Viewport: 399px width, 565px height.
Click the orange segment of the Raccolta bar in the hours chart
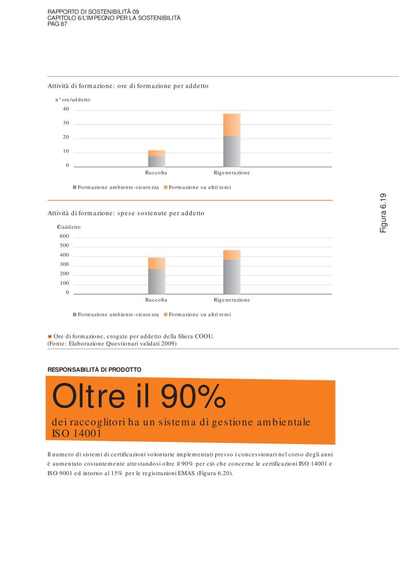click(157, 153)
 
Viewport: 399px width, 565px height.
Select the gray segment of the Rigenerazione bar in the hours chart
click(232, 151)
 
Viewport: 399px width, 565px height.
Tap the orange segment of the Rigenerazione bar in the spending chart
click(232, 255)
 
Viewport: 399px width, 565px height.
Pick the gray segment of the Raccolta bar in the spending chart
click(157, 281)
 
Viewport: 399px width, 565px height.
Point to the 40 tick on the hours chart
click(66, 109)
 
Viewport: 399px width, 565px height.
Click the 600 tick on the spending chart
click(64, 236)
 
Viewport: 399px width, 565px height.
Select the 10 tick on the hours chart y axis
click(66, 151)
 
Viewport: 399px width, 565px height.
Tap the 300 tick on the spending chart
click(64, 264)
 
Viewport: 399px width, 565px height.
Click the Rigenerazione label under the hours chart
click(232, 172)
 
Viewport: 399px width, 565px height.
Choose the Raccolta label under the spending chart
click(156, 299)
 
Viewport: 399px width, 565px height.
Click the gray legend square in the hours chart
click(75, 187)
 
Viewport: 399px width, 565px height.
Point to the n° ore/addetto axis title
click(72, 99)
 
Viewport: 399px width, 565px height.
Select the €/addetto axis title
click(69, 227)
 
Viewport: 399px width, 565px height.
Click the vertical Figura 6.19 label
click(383, 213)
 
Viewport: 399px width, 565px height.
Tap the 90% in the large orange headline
click(193, 397)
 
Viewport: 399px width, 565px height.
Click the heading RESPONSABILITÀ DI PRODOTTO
click(94, 370)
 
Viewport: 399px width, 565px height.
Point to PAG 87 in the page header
click(57, 24)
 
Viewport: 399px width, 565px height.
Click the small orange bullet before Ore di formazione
click(50, 336)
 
